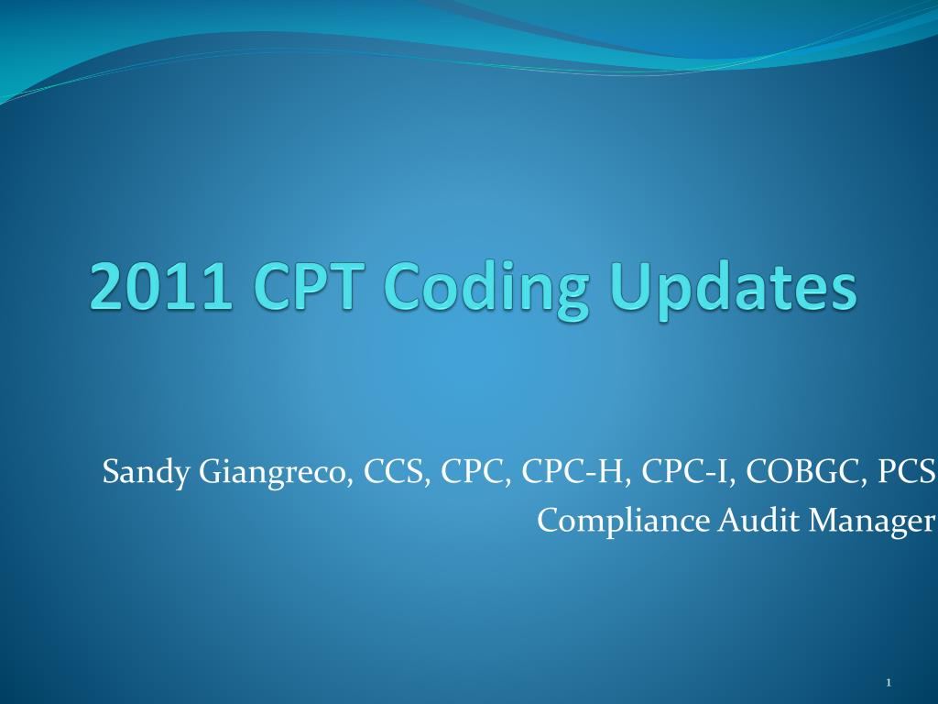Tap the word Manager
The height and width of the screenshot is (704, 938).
[870, 521]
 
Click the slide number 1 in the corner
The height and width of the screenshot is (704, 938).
[889, 683]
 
